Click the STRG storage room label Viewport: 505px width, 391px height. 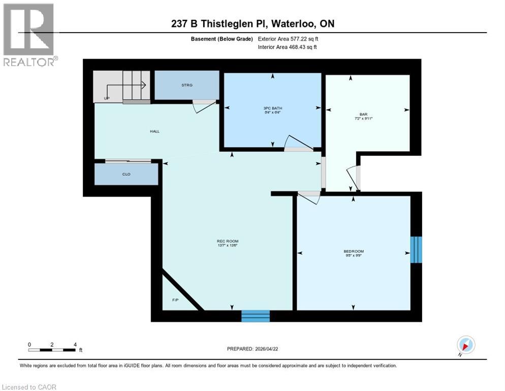186,85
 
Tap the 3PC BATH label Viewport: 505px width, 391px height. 273,107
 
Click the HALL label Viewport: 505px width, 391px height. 154,131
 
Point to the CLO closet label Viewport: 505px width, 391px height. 127,174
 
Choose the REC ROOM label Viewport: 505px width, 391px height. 227,241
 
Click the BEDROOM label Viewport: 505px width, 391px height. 354,252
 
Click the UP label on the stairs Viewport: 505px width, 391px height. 106,98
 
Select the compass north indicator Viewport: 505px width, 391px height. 465,345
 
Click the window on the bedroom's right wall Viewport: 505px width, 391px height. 416,249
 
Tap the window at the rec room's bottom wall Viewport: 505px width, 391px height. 256,316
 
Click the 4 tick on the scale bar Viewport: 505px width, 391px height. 75,345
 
